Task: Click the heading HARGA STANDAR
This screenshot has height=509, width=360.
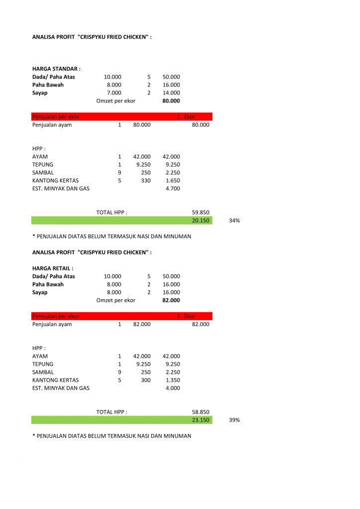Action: point(56,69)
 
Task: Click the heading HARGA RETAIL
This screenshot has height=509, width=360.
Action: point(53,268)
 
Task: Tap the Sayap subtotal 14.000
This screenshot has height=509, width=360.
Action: point(171,93)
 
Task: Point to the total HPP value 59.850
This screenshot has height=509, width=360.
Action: point(200,212)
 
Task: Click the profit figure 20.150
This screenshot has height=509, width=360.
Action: point(200,220)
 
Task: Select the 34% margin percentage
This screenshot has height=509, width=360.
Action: point(234,220)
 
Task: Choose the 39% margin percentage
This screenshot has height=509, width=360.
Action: point(234,420)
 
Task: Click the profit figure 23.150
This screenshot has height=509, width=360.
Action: point(200,420)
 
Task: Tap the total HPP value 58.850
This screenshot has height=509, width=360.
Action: point(200,412)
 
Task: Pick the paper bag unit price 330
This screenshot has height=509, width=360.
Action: point(146,180)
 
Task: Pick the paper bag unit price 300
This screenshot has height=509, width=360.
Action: point(146,380)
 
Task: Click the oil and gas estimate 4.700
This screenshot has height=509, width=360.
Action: point(173,188)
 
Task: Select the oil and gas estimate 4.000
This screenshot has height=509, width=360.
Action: point(173,388)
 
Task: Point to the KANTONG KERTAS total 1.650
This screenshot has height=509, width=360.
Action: point(173,180)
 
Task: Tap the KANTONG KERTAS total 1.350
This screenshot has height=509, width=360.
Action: point(173,380)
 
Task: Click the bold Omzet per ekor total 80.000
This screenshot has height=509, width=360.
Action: point(171,101)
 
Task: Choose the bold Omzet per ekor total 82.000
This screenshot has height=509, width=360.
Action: point(171,300)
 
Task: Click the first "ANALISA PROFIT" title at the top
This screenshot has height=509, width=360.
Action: point(91,37)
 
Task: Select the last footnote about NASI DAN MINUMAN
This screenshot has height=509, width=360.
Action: point(111,436)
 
